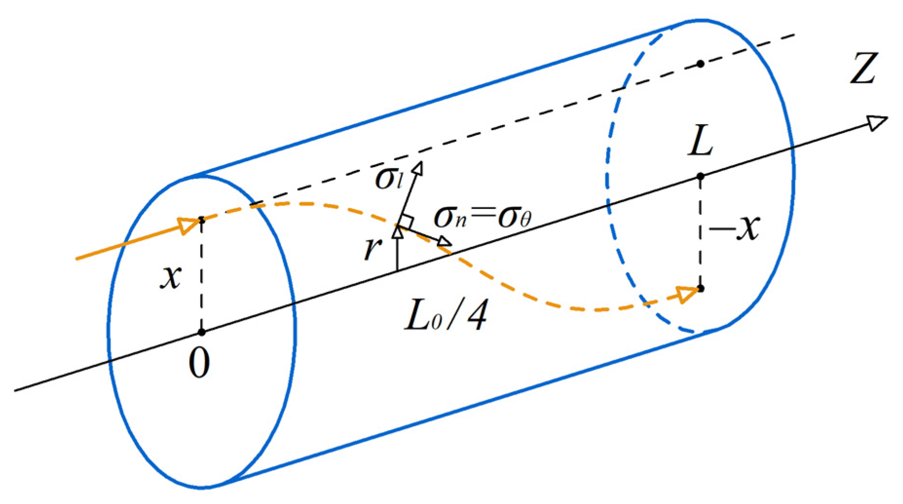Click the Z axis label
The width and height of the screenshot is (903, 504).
coord(863,69)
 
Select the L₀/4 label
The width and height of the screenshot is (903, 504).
coord(445,316)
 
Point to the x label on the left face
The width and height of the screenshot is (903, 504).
coord(171,278)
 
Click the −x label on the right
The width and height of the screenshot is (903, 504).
coord(735,227)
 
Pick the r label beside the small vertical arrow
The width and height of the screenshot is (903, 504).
coord(372,248)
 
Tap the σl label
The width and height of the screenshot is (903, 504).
coord(389,179)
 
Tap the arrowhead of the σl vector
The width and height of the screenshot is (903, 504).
coord(418,168)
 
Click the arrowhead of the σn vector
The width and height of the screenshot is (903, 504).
coord(444,241)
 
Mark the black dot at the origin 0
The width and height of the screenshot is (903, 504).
coord(202,333)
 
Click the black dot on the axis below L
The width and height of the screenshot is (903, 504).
coord(700,176)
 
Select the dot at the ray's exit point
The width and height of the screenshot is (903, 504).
coord(700,289)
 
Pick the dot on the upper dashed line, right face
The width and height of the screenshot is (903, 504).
coord(700,64)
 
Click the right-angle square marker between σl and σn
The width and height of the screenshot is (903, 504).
coord(407,222)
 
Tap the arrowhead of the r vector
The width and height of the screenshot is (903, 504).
coord(398,232)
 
